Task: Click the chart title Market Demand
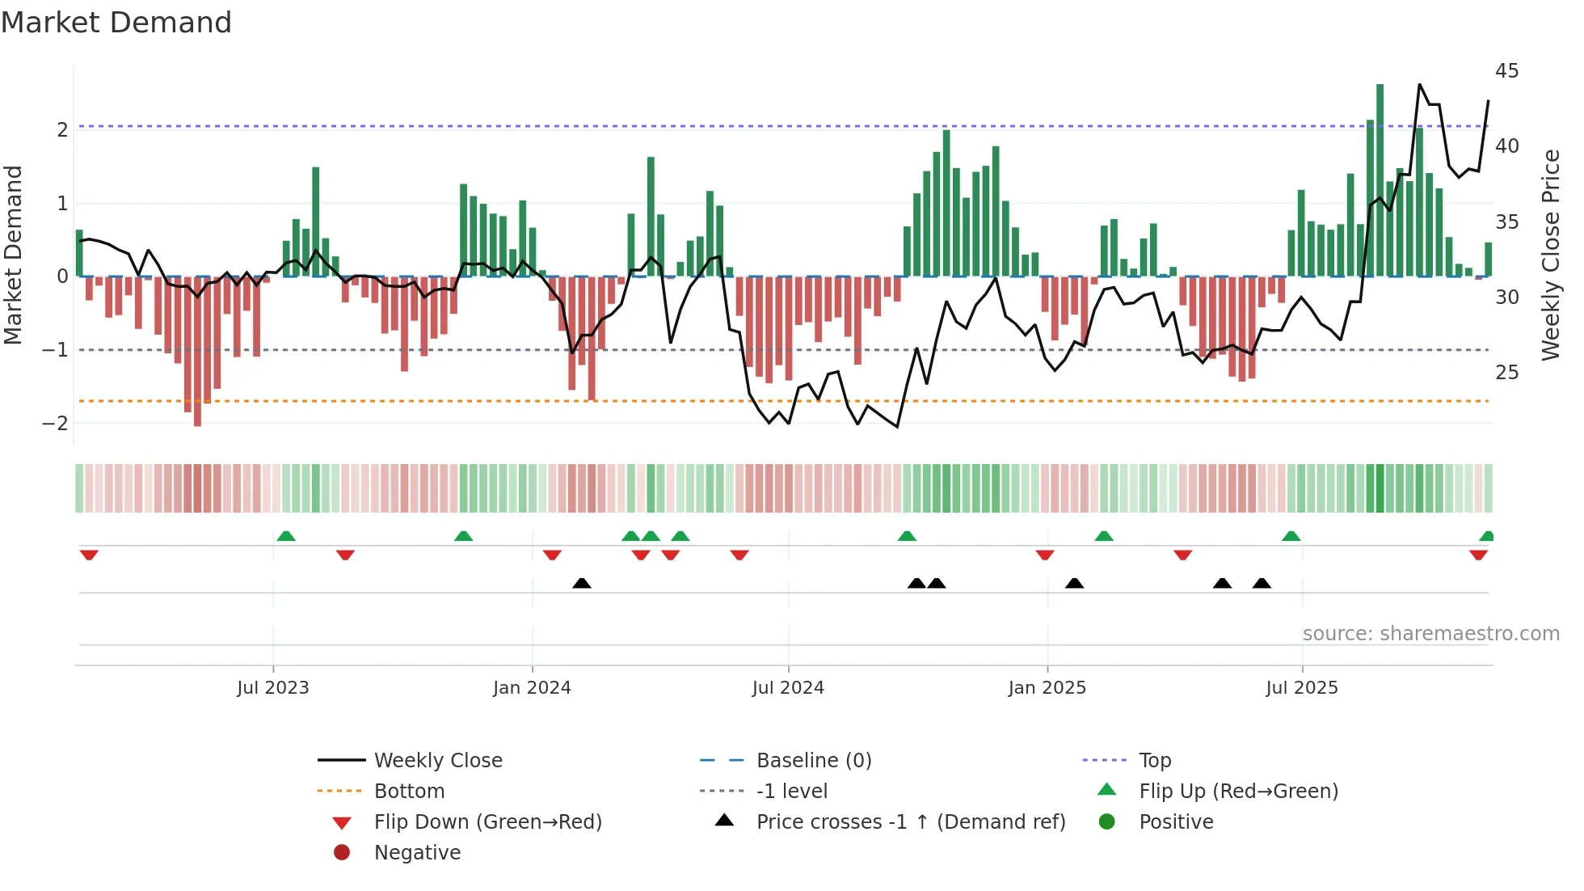tap(116, 23)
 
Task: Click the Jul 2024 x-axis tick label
tap(788, 688)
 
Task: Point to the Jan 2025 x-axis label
tap(1047, 688)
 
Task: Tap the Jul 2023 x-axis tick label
tap(273, 688)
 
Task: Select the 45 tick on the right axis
tap(1506, 71)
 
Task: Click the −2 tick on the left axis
tap(56, 423)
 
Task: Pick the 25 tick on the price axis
tap(1506, 373)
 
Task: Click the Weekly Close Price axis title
tap(1550, 255)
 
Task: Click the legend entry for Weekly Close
tap(437, 761)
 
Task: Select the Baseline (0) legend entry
tap(813, 761)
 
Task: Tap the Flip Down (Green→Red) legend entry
tap(487, 822)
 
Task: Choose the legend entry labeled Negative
tap(417, 853)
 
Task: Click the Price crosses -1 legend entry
tap(910, 822)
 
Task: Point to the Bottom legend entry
tap(409, 792)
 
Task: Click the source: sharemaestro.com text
tap(1430, 634)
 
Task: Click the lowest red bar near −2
tap(197, 352)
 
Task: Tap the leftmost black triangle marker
tap(581, 583)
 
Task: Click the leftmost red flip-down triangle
tap(89, 555)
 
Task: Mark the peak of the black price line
tap(1420, 84)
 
